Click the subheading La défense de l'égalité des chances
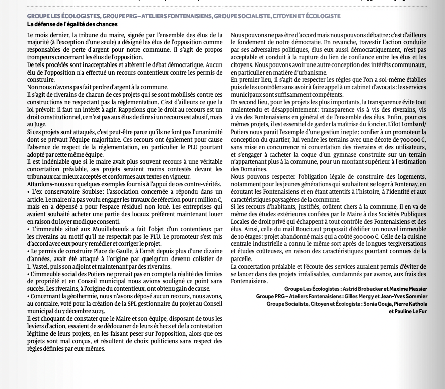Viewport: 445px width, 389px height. (x=72, y=24)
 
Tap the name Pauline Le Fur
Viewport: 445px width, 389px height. (x=409, y=311)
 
